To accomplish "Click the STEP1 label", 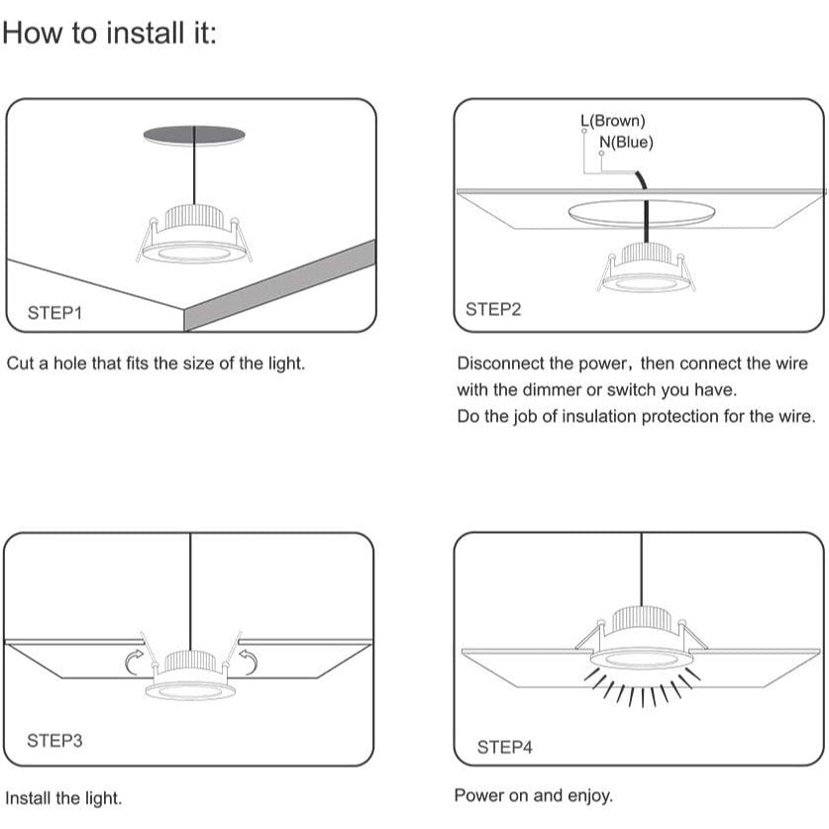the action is pos(55,313).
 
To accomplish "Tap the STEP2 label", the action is pos(493,309).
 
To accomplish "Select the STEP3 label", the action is pos(55,740).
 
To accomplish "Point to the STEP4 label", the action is pos(504,747).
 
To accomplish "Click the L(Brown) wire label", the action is pos(613,121).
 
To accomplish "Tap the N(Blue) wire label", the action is pos(627,143).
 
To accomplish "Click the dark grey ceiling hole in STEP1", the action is pos(194,135).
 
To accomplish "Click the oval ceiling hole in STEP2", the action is pos(642,213).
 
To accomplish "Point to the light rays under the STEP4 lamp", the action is pos(643,687).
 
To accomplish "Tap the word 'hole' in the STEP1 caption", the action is pos(69,363).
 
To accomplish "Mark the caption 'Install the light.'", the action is pos(63,798).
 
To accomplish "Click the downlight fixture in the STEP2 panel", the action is pos(645,267).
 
